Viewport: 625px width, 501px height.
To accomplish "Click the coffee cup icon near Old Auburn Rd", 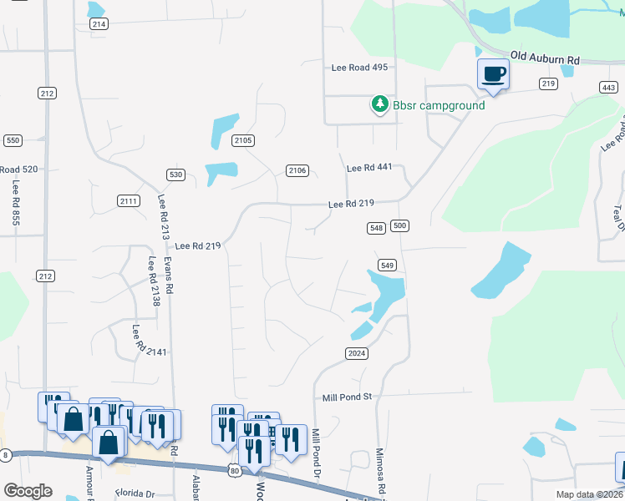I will (493, 74).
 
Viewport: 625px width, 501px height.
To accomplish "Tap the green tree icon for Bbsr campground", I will (380, 104).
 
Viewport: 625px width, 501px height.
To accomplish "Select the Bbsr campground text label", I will (428, 105).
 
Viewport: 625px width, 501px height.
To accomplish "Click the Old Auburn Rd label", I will (545, 57).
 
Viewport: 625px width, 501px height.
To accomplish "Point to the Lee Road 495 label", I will (359, 68).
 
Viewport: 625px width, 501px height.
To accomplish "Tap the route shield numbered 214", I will (99, 24).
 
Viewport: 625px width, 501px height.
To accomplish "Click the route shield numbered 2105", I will (243, 140).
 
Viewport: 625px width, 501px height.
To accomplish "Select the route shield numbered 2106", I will (297, 170).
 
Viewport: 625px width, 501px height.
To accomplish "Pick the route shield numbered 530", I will (175, 175).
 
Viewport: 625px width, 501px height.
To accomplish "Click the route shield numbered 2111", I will (129, 200).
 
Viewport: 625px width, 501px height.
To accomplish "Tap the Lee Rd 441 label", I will (368, 168).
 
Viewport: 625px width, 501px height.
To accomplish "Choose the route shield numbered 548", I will (376, 227).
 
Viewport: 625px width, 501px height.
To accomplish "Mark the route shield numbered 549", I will (385, 265).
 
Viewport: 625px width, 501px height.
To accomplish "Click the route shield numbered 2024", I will (356, 353).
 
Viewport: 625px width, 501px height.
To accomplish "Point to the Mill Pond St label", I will (346, 397).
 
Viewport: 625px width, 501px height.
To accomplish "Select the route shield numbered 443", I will (608, 88).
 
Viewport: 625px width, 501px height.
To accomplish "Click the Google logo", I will (28, 490).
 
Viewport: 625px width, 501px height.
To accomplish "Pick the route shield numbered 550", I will (13, 140).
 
